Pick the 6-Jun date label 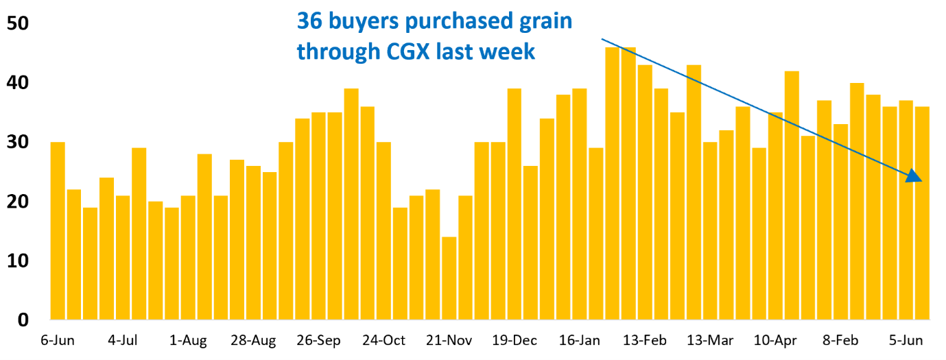pyautogui.click(x=58, y=341)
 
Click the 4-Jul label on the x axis pyautogui.click(x=123, y=341)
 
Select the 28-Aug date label pyautogui.click(x=253, y=341)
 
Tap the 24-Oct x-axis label pyautogui.click(x=384, y=341)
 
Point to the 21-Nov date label pyautogui.click(x=449, y=341)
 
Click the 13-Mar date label pyautogui.click(x=710, y=341)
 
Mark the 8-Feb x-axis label pyautogui.click(x=840, y=341)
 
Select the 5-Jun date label pyautogui.click(x=906, y=341)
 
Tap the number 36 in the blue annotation pyautogui.click(x=309, y=21)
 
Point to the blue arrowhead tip pyautogui.click(x=921, y=181)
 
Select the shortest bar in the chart pyautogui.click(x=449, y=278)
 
